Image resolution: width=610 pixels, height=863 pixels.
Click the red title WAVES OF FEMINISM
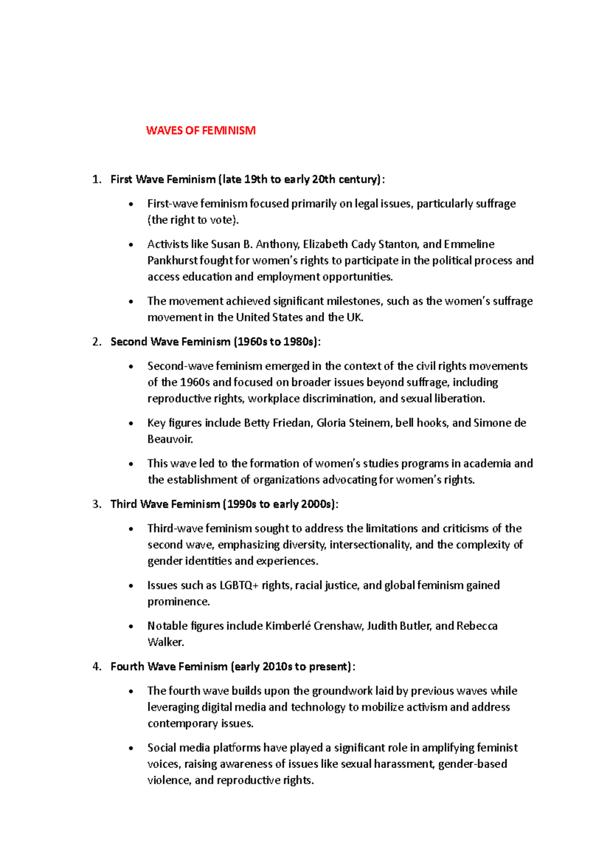click(200, 131)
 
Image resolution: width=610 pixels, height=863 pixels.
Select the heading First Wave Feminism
click(163, 180)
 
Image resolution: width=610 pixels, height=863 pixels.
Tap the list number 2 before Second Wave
click(96, 342)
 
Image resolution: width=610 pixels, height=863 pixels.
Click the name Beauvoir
click(169, 439)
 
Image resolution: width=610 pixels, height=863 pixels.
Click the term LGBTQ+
click(239, 586)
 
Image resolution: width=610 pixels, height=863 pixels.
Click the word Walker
click(165, 642)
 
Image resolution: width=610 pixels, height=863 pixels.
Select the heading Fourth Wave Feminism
click(169, 667)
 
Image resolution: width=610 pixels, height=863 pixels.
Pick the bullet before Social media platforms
click(132, 749)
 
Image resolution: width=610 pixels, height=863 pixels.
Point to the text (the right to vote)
click(193, 220)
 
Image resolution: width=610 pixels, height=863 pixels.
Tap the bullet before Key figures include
click(132, 423)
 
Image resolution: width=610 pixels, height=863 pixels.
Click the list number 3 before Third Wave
click(96, 504)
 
